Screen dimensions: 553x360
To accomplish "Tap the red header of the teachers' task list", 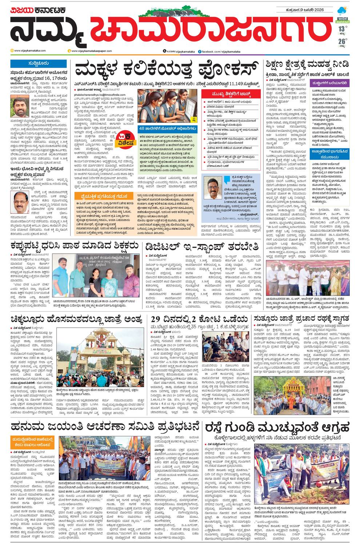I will pos(232,94).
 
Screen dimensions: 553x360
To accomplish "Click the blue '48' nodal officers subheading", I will pos(168,128).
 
